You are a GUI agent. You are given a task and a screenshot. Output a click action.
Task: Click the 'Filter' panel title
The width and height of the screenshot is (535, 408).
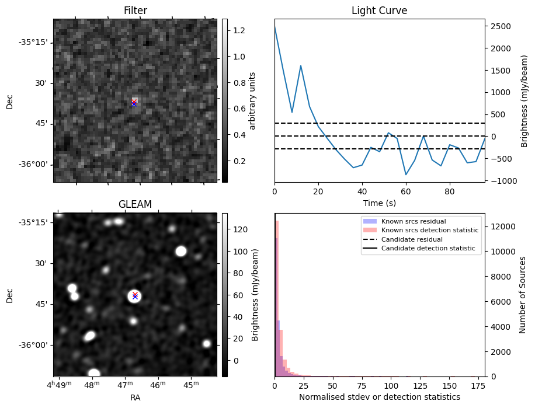[135, 11]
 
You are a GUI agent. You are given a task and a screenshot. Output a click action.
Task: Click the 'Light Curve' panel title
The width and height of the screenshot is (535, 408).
[379, 11]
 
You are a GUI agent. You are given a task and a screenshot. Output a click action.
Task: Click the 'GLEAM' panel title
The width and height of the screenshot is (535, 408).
[135, 204]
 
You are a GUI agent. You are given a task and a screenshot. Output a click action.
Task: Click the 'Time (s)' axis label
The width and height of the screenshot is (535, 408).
[379, 203]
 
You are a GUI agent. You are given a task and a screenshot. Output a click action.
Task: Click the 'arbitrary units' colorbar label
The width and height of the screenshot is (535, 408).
[253, 100]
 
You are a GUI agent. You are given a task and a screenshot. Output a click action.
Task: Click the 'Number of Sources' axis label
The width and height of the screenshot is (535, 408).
[523, 295]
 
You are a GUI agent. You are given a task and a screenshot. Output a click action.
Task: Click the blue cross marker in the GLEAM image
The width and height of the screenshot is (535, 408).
[135, 297]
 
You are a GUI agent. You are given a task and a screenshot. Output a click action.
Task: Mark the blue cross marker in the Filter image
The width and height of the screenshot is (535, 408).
[134, 104]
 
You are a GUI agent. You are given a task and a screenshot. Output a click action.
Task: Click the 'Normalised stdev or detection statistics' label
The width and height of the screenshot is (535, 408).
[379, 397]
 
